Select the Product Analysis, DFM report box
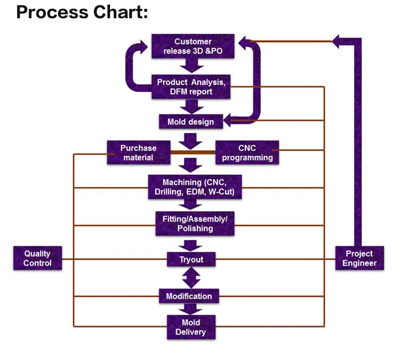click(191, 87)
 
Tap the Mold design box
click(190, 122)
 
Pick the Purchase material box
click(138, 152)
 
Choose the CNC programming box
click(247, 152)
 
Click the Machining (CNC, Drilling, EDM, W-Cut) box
click(195, 187)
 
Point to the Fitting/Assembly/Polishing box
click(195, 223)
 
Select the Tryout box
click(191, 259)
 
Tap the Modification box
click(189, 296)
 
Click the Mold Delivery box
click(190, 327)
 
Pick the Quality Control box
click(38, 258)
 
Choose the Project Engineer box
click(359, 258)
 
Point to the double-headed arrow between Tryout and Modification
click(191, 277)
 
